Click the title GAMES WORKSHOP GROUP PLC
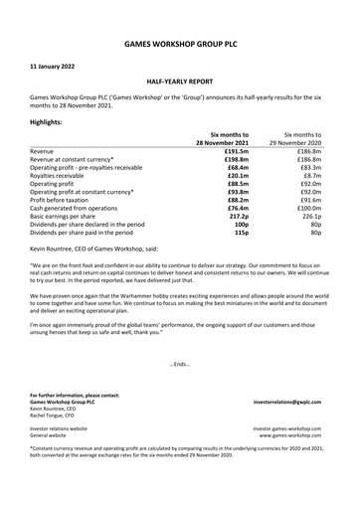tap(179, 46)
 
